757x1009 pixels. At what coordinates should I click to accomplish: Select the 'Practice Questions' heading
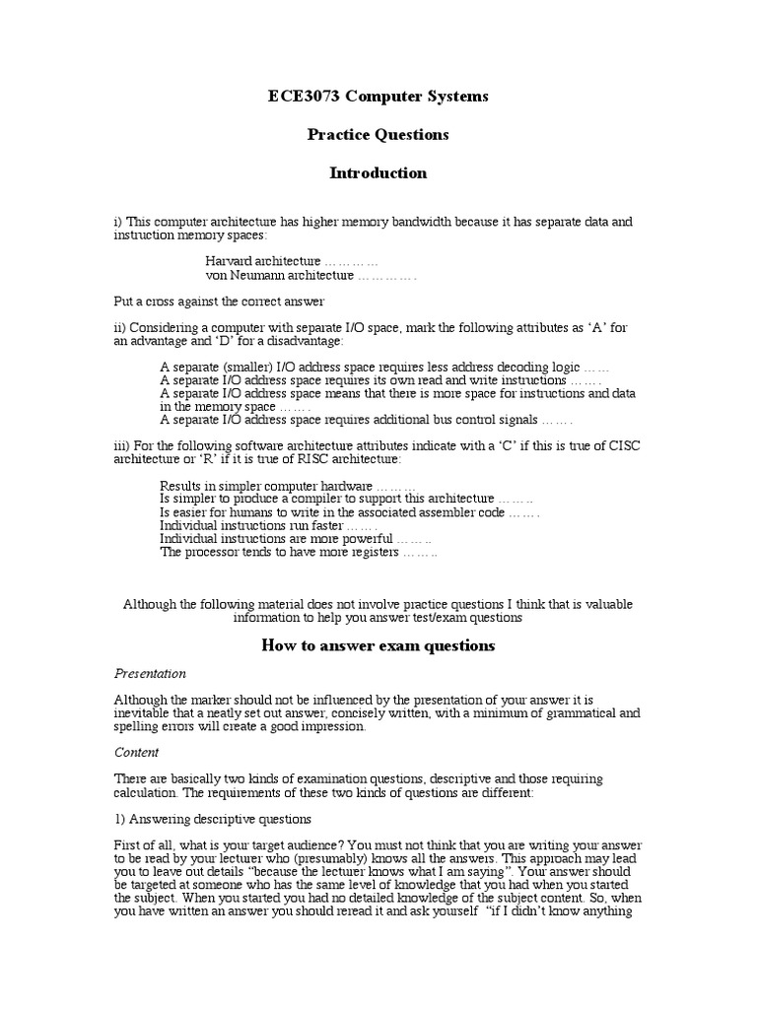(x=378, y=134)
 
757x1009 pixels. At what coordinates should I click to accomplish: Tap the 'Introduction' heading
(x=378, y=172)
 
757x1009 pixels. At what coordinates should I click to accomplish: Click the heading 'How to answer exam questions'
(x=378, y=646)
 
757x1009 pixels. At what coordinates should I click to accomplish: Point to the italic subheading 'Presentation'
(x=150, y=674)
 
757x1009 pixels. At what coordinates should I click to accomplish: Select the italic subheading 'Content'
(x=137, y=751)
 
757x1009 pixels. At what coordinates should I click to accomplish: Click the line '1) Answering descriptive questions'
(x=213, y=819)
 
